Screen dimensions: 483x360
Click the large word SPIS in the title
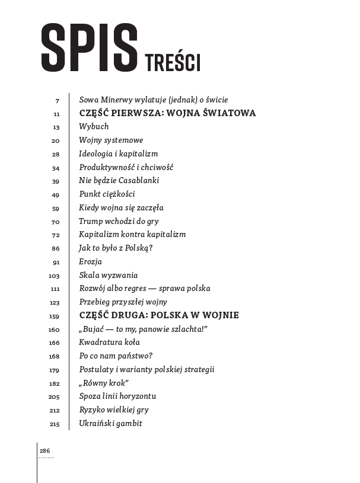[x=88, y=47]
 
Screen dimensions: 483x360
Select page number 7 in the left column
[x=58, y=100]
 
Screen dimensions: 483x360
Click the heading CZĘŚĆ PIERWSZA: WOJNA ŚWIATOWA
[x=167, y=113]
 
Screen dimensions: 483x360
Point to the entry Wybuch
[x=94, y=126]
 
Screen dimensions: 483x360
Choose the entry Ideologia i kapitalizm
[x=118, y=153]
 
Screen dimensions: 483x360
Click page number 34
[x=56, y=168]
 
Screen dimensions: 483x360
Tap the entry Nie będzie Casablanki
[x=119, y=181]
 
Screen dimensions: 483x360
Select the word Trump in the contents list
[x=91, y=221]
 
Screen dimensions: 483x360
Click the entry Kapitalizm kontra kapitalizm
[x=132, y=235]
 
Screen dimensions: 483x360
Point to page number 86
[x=56, y=248]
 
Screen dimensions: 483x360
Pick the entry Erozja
[x=90, y=261]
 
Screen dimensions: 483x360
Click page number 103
[x=55, y=276]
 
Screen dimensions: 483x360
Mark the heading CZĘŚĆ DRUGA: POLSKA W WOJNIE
[x=159, y=315]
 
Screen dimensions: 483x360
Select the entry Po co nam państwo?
[x=116, y=356]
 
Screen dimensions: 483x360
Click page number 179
[x=55, y=370]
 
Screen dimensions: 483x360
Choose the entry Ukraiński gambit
[x=110, y=423]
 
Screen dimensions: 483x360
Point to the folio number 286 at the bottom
[x=45, y=451]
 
